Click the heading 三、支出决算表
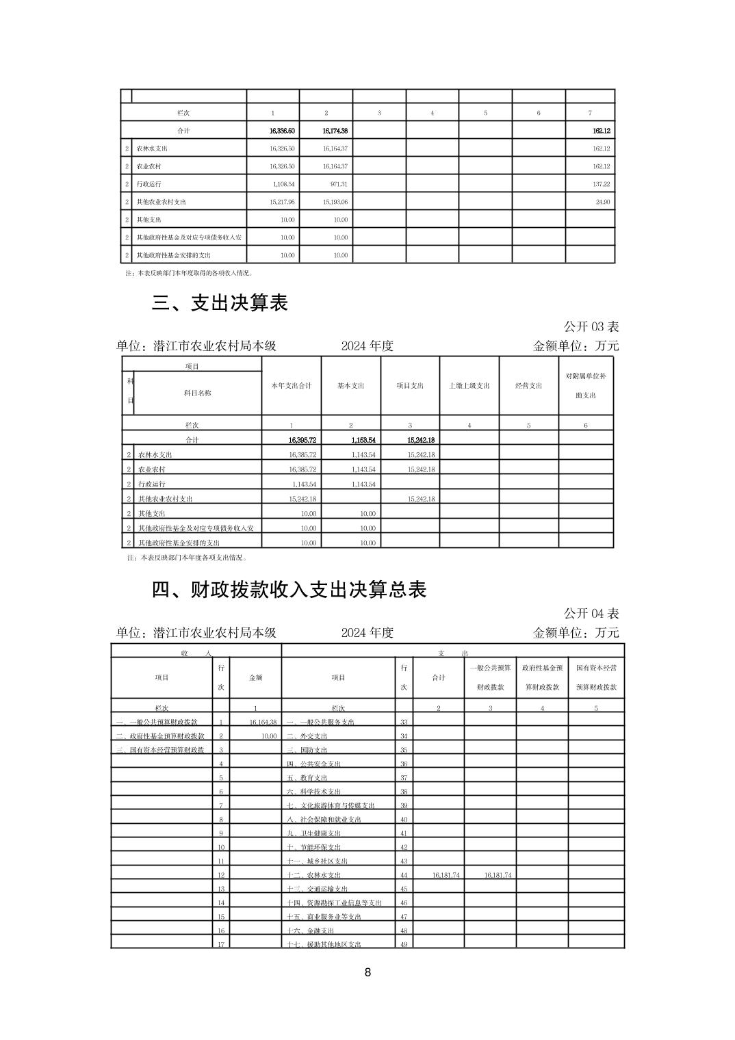pos(220,303)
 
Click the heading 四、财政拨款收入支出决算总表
pos(289,590)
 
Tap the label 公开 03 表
pos(591,327)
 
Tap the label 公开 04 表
pos(591,614)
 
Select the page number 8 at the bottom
pos(367,972)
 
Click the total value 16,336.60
pos(282,131)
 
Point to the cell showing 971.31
pos(335,184)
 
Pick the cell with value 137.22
pos(601,184)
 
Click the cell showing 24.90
pos(602,202)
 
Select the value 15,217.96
pos(282,202)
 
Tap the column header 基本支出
pos(351,386)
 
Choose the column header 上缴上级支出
pos(469,386)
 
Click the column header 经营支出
pos(529,386)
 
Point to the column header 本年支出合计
pos(292,386)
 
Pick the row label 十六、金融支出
pos(311,931)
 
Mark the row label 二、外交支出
pos(307,736)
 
